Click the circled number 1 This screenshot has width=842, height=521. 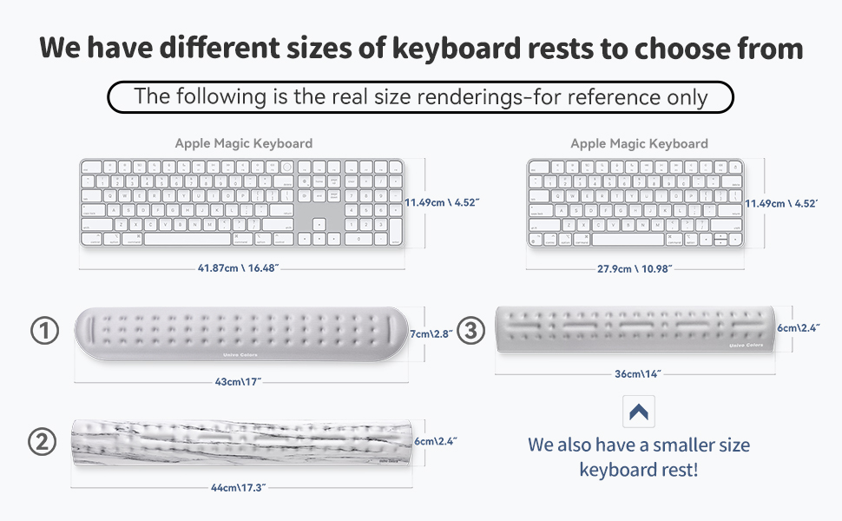(44, 331)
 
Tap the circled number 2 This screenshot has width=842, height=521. (43, 442)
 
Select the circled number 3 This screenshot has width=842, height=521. (470, 331)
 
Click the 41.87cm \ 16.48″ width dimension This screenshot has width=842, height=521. (238, 268)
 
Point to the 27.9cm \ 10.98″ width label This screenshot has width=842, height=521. (635, 268)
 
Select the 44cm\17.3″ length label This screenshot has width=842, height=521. (238, 488)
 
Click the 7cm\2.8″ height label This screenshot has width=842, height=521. (432, 333)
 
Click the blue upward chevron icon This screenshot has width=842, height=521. (639, 412)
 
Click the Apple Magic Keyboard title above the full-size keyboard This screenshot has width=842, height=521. (243, 143)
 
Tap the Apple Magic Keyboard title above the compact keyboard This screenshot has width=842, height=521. (639, 143)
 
